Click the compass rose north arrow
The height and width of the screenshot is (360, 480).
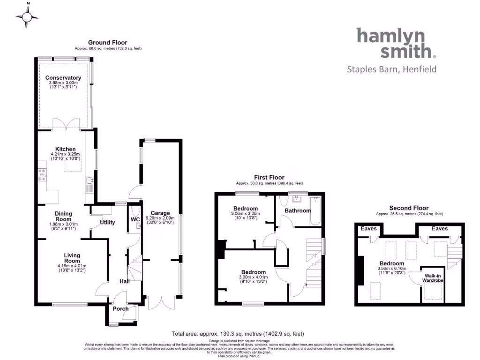point(28,17)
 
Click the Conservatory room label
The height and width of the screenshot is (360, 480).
point(63,78)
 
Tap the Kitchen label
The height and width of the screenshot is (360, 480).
point(66,149)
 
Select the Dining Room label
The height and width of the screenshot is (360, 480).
point(63,216)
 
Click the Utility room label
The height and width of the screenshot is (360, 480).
point(107,222)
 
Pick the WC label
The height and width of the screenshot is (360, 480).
point(135,219)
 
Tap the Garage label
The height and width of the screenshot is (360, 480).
point(160,213)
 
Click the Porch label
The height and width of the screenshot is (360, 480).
point(120,309)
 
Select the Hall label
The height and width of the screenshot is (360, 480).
point(124,281)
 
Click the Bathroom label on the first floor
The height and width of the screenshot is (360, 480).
point(298,210)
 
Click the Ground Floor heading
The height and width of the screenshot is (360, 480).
point(108,43)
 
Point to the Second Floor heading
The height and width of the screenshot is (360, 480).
point(409,208)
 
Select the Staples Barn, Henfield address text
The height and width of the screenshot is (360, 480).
point(391,69)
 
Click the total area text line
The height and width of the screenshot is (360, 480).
point(238,334)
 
